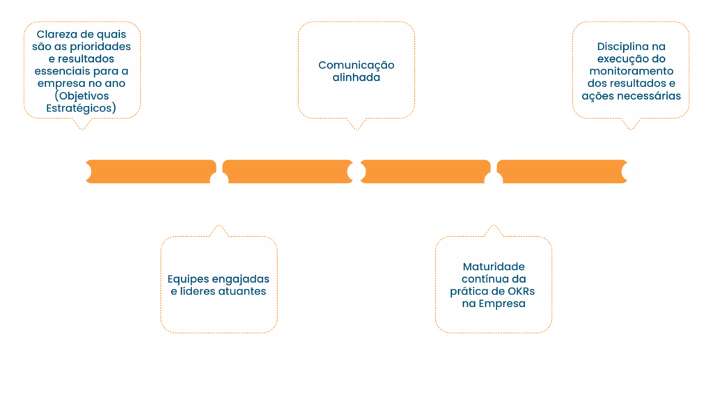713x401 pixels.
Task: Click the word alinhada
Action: (x=356, y=77)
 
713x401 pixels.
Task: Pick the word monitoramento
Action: (x=632, y=71)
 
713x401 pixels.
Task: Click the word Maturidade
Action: (x=494, y=267)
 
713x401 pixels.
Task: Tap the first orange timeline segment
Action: (x=150, y=171)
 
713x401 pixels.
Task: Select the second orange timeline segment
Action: (x=287, y=171)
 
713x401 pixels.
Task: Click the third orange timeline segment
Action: (x=425, y=171)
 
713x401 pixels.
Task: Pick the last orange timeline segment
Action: (x=561, y=171)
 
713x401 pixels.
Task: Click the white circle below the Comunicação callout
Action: (x=356, y=171)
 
